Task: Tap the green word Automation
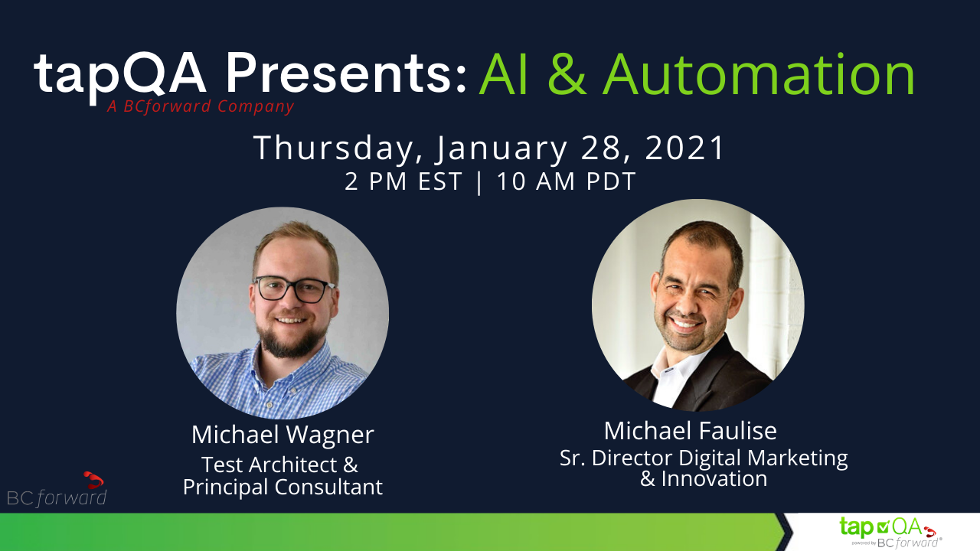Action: [759, 74]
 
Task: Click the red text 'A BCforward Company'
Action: [201, 106]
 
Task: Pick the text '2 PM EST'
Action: [403, 181]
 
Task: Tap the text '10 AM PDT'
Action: [566, 181]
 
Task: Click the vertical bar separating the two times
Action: [479, 182]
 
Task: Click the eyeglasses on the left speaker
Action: [294, 289]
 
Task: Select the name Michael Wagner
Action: [283, 435]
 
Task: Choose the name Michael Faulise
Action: [690, 431]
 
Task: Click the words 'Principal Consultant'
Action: [283, 487]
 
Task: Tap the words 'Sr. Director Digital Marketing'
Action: [704, 458]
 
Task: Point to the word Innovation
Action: [714, 478]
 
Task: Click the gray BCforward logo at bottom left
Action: [57, 491]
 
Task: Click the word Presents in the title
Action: [345, 73]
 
